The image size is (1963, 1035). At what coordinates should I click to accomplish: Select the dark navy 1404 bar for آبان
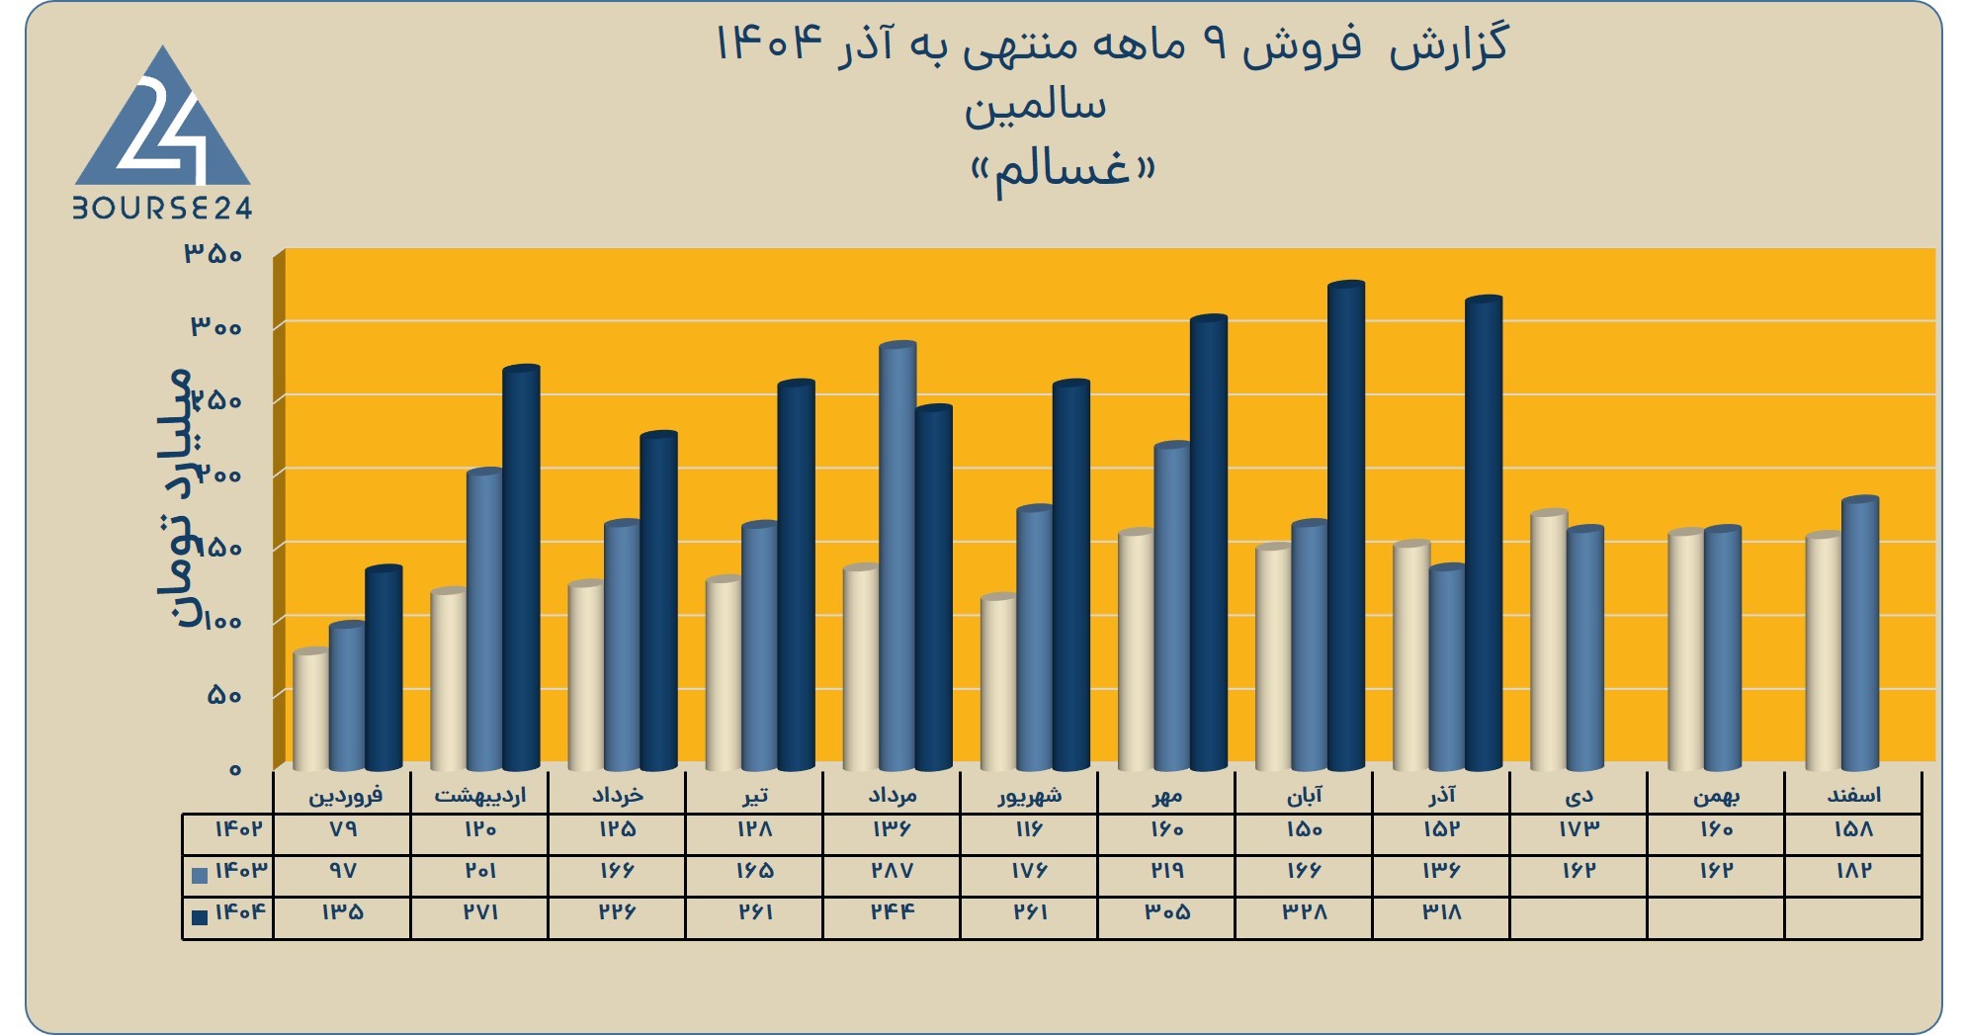pyautogui.click(x=1346, y=526)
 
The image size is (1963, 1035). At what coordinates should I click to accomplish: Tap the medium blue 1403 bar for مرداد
pyautogui.click(x=897, y=557)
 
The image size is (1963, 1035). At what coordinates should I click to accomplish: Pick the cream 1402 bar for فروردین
pyautogui.click(x=311, y=710)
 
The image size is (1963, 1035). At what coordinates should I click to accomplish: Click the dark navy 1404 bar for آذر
pyautogui.click(x=1484, y=533)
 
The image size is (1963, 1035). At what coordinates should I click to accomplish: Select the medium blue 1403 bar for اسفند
pyautogui.click(x=1859, y=634)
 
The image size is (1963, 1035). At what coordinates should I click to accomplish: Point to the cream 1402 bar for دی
pyautogui.click(x=1548, y=641)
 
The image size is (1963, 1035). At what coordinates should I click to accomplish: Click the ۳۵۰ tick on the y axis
pyautogui.click(x=213, y=254)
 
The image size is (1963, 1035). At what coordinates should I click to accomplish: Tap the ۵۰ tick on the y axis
pyautogui.click(x=224, y=695)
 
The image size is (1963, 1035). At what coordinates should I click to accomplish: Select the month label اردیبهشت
pyautogui.click(x=480, y=795)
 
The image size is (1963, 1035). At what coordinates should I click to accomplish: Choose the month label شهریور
pyautogui.click(x=1030, y=795)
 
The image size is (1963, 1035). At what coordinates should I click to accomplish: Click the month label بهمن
pyautogui.click(x=1716, y=796)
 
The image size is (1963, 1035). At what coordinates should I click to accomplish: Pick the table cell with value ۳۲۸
pyautogui.click(x=1305, y=912)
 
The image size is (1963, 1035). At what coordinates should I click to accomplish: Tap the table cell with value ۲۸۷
pyautogui.click(x=892, y=871)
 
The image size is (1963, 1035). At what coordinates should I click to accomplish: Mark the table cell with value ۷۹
pyautogui.click(x=343, y=828)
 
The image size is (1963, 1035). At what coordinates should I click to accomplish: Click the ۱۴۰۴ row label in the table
pyautogui.click(x=241, y=911)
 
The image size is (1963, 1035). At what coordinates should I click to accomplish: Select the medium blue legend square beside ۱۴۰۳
pyautogui.click(x=200, y=875)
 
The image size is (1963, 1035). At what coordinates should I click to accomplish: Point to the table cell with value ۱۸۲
pyautogui.click(x=1853, y=871)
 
